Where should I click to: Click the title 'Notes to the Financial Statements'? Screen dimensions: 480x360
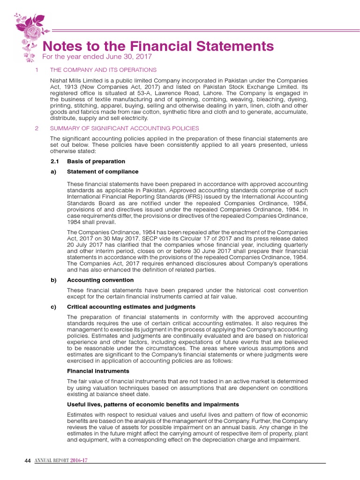[x=158, y=46]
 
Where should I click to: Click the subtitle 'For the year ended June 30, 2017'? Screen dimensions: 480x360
[x=97, y=57]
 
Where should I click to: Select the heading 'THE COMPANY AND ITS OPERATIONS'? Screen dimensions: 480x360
[x=103, y=70]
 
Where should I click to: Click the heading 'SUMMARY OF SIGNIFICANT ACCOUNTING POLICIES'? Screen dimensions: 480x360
[x=124, y=128]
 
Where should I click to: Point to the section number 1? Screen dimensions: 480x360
[x=37, y=70]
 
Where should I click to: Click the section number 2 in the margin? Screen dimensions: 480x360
[x=37, y=128]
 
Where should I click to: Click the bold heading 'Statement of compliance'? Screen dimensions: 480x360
[x=96, y=172]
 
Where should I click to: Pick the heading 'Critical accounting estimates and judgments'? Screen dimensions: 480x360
[x=131, y=307]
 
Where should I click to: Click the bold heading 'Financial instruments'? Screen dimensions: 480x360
[x=98, y=371]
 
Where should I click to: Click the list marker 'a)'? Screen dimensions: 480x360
[x=53, y=172]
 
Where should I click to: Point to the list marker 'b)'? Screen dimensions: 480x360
[x=53, y=280]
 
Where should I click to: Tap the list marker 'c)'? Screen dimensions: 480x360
[x=53, y=307]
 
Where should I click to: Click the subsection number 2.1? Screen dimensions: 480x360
[x=54, y=161]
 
